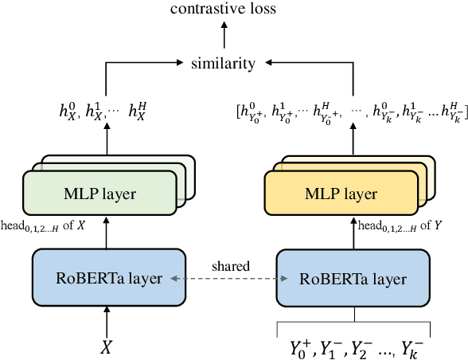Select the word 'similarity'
(224, 61)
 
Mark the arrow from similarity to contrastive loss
(224, 35)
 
